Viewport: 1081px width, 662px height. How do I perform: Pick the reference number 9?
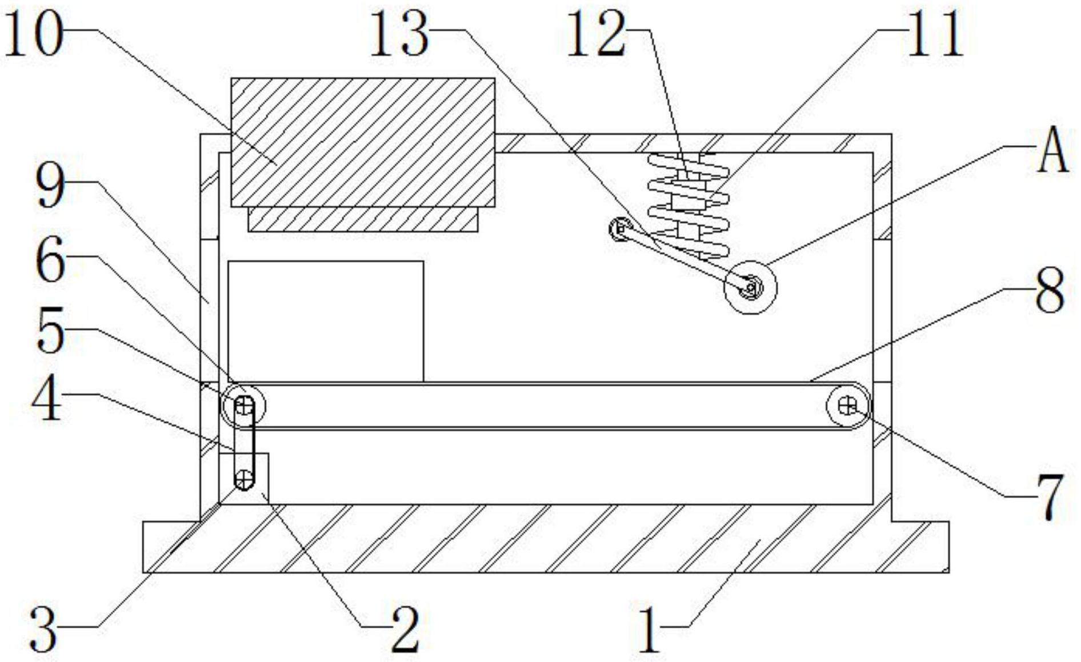click(50, 187)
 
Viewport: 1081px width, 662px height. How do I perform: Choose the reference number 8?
click(1050, 291)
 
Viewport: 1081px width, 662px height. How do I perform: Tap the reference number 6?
click(50, 262)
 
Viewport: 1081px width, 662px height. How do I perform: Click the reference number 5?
click(50, 333)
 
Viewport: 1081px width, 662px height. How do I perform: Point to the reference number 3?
click(43, 629)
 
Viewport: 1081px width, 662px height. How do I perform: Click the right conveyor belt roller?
click(848, 406)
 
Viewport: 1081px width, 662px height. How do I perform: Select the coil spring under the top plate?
click(688, 206)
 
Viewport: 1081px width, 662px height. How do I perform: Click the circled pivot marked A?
click(750, 287)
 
